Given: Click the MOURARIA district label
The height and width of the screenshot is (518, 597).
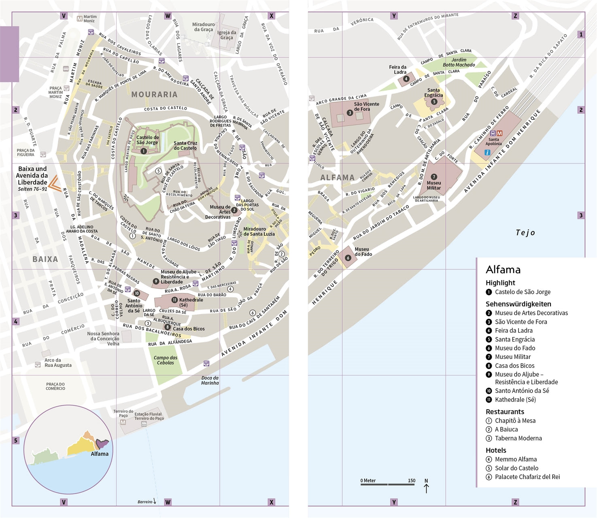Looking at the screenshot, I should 154,94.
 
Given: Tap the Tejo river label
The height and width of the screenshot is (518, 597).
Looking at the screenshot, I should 525,232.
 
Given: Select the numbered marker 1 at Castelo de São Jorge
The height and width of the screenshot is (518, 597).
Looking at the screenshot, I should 144,151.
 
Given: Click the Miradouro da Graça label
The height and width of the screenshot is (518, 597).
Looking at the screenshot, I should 203,27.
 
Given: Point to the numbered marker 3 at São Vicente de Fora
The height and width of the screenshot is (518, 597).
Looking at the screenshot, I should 350,113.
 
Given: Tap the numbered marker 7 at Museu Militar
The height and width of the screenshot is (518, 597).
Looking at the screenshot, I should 434,177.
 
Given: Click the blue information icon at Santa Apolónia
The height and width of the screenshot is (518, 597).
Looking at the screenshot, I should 487,153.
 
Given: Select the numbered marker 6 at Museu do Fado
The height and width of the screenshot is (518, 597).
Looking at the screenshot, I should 348,258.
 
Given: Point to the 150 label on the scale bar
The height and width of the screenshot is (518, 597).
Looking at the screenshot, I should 411,481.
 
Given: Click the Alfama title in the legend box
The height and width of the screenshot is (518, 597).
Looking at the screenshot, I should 503,270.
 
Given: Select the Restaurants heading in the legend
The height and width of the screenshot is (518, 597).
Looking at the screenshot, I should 505,412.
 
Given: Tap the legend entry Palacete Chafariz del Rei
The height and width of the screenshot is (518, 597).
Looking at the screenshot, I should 527,477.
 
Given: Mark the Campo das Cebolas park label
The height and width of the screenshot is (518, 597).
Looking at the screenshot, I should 165,360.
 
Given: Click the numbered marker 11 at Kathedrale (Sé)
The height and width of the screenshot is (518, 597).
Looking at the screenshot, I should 174,300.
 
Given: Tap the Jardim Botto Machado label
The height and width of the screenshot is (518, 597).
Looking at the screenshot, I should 459,62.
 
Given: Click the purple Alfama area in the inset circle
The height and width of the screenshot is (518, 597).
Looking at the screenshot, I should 102,444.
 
